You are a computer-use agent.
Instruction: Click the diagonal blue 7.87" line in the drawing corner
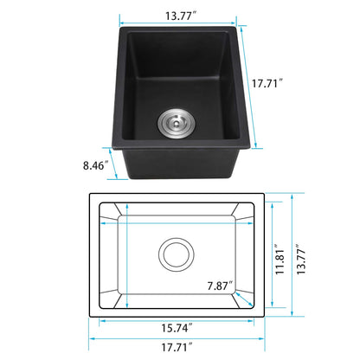[247, 294]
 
